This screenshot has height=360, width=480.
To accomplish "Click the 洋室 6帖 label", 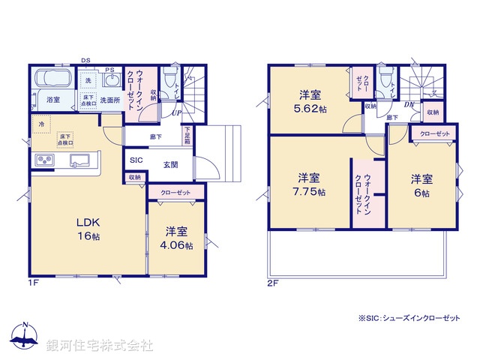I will pyautogui.click(x=421, y=186).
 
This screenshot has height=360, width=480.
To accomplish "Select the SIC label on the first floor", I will pyautogui.click(x=136, y=160).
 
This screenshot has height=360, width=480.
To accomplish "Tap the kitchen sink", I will pyautogui.click(x=81, y=160).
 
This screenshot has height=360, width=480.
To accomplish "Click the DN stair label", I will pyautogui.click(x=409, y=106).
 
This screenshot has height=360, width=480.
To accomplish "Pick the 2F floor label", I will pyautogui.click(x=273, y=282).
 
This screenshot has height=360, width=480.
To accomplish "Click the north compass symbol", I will pyautogui.click(x=25, y=337).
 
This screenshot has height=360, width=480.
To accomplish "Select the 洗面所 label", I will pyautogui.click(x=111, y=99).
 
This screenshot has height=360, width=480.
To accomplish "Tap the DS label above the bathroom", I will pyautogui.click(x=85, y=61).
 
